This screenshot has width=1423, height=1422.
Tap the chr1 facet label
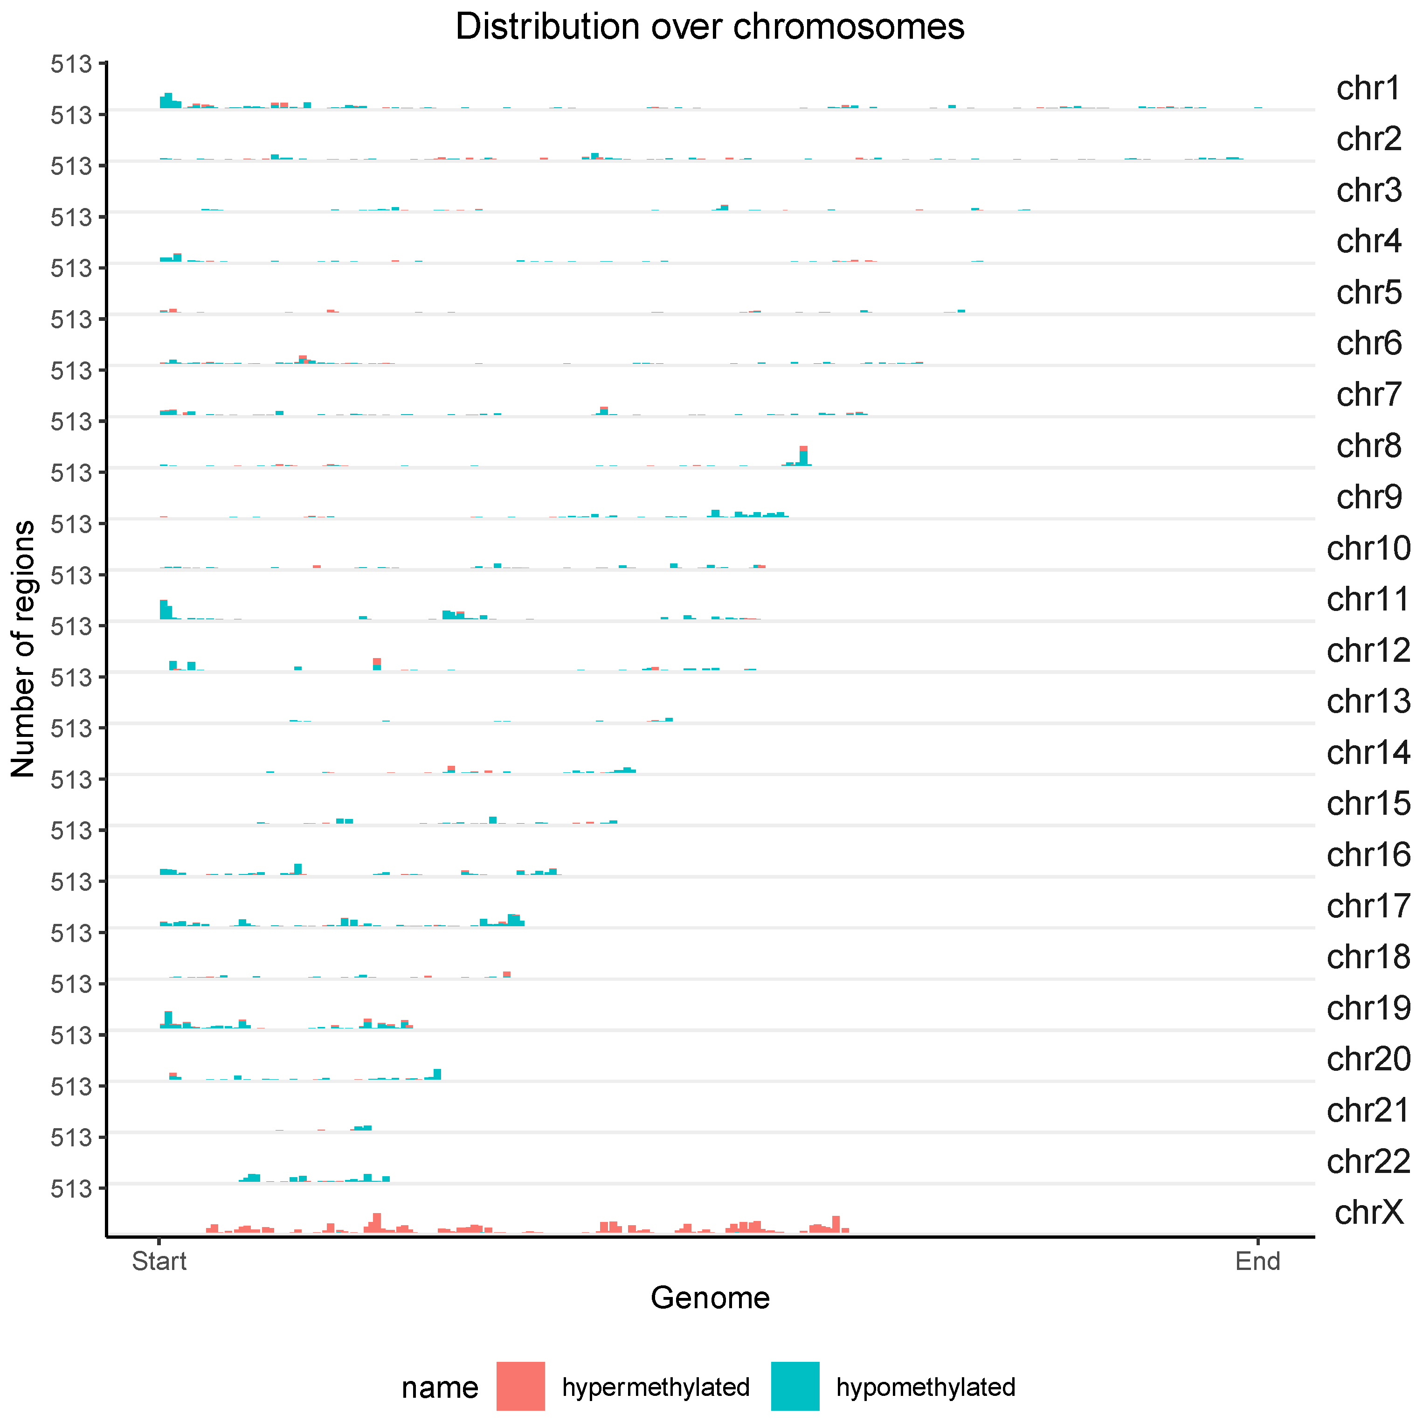point(1368,89)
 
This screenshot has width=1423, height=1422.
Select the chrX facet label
point(1368,1212)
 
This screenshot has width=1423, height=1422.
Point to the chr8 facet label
point(1368,446)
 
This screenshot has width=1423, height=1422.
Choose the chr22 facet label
point(1368,1161)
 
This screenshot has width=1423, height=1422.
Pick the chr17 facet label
point(1368,906)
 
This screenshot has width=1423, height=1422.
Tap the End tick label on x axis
point(1257,1262)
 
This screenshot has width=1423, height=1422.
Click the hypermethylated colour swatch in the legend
point(520,1386)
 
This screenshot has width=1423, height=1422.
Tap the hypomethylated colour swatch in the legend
point(795,1386)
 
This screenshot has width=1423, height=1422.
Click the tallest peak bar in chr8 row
point(803,455)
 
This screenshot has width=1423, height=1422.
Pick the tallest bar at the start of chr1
point(168,100)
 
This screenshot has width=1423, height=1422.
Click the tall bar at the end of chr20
point(437,1074)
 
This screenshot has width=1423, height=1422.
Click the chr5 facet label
point(1368,292)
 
